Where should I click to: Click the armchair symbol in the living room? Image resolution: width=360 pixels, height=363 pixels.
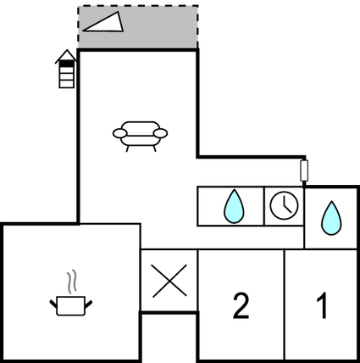(x=140, y=137)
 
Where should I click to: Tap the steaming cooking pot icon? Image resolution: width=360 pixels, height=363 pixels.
(x=71, y=293)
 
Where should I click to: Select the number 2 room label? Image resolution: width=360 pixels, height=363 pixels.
(x=241, y=306)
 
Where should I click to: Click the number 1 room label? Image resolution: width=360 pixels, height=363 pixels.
(x=322, y=305)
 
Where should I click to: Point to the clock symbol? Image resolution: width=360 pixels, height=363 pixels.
(x=284, y=205)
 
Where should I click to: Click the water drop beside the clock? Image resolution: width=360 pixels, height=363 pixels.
(x=234, y=207)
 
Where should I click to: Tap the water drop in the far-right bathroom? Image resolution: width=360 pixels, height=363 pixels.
(x=331, y=218)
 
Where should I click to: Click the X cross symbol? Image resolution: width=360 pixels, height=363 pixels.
(x=169, y=281)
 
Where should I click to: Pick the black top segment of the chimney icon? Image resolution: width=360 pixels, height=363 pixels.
(x=67, y=64)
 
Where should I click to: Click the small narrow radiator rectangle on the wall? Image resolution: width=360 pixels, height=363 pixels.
(x=304, y=170)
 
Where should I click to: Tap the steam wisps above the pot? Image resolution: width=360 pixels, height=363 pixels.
(x=72, y=281)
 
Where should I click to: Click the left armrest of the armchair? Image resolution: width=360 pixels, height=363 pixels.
(x=120, y=133)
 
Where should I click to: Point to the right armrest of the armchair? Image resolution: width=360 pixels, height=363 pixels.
(x=160, y=133)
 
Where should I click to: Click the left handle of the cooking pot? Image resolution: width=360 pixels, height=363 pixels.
(x=53, y=304)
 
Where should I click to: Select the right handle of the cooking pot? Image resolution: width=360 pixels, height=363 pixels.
(x=89, y=304)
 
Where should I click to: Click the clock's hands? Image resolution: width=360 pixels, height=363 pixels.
(x=286, y=204)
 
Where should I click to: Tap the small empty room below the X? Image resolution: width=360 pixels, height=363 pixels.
(x=169, y=337)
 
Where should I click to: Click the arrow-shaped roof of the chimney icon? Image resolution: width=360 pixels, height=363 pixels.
(x=66, y=56)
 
